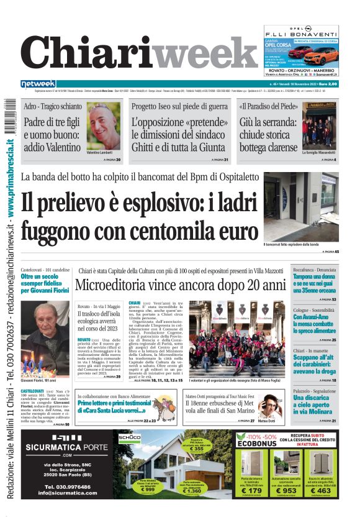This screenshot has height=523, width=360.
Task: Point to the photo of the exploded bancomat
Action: click(x=300, y=206)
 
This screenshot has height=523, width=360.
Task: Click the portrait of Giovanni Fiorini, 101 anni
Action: click(x=45, y=339)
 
